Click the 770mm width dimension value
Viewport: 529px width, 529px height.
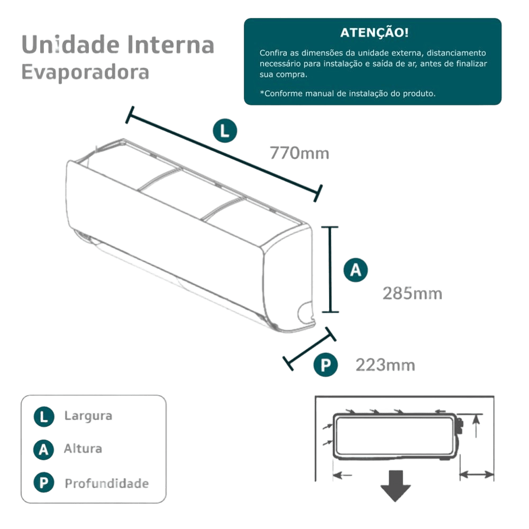[299, 153]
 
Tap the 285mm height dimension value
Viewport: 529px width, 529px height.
[412, 293]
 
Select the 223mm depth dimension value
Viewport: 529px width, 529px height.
[385, 365]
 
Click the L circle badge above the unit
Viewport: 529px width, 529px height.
[225, 132]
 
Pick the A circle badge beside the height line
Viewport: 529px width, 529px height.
[356, 270]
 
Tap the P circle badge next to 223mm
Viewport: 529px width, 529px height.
[325, 366]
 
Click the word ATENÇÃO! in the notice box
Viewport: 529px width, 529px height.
[373, 33]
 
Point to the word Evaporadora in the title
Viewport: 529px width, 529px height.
[85, 72]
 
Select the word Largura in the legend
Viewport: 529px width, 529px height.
[88, 416]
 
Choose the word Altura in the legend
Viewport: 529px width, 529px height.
[83, 449]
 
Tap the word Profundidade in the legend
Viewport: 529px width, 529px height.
[106, 484]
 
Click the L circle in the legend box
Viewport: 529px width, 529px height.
[43, 416]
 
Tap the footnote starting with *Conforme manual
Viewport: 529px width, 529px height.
[347, 93]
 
